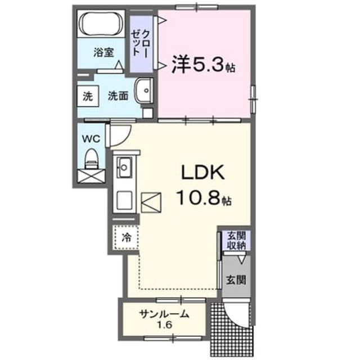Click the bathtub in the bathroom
click(x=101, y=23)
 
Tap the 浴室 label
click(x=103, y=52)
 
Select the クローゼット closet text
click(x=140, y=43)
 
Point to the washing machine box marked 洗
click(x=88, y=96)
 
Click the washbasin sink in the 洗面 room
click(x=143, y=90)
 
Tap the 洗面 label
click(x=118, y=96)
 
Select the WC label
click(x=91, y=139)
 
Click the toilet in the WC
click(x=92, y=159)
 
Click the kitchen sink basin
click(x=124, y=167)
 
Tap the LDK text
click(x=203, y=173)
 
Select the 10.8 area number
click(x=199, y=197)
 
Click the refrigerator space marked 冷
click(x=126, y=237)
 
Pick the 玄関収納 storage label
click(x=236, y=241)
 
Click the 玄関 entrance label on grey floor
click(x=236, y=280)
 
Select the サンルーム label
click(x=165, y=314)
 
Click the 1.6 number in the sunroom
click(x=164, y=325)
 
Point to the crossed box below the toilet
click(x=91, y=176)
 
